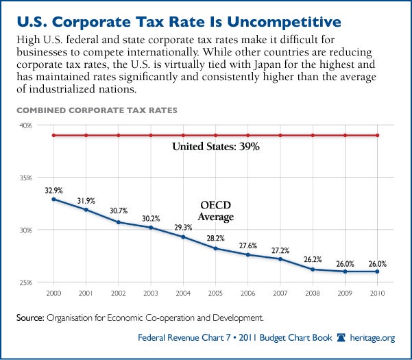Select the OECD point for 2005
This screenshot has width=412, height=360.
coord(215,248)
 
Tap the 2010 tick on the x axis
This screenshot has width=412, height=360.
coord(377,293)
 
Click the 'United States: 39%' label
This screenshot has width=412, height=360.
coord(215,146)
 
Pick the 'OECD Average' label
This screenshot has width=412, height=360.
coord(216,211)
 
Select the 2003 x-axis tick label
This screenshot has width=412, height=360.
coord(151,293)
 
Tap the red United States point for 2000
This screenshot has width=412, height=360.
coord(53,136)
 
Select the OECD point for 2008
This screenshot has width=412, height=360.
coord(313,269)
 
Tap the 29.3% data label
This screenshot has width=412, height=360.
coord(182,227)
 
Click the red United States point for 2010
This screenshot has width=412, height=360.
coord(377,136)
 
